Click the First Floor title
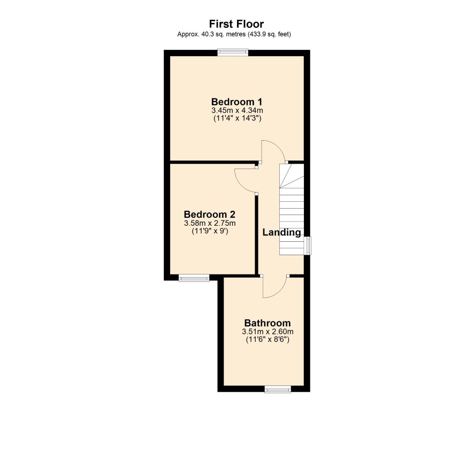[236, 24]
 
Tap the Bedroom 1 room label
[236, 102]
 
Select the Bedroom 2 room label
[210, 215]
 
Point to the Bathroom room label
[267, 323]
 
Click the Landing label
[282, 233]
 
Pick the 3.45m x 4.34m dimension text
[237, 110]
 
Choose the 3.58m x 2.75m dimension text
[210, 224]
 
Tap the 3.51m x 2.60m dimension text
[267, 332]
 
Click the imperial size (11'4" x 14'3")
[238, 118]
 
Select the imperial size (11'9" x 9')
[210, 231]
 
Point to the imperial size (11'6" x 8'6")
[267, 340]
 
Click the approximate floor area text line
[234, 34]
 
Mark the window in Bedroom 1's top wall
[233, 52]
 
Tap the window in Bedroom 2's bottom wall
[194, 278]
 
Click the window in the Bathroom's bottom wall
[278, 389]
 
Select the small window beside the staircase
[307, 246]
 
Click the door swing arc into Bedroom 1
[279, 148]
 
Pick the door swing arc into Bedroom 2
[240, 182]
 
